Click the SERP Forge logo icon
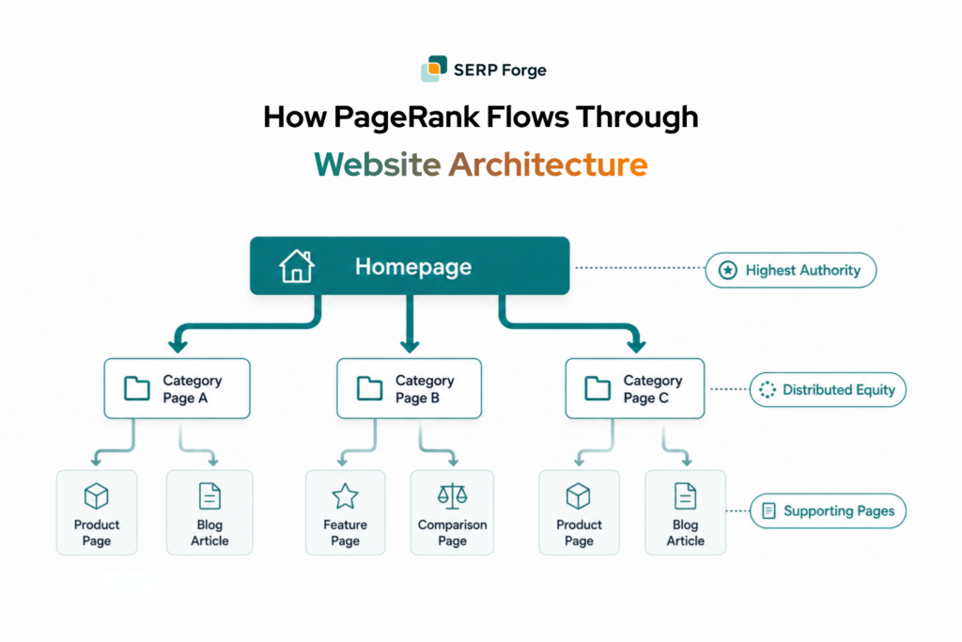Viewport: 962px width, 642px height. [434, 68]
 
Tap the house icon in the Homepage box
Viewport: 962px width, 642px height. [297, 266]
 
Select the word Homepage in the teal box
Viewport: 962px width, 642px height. [413, 267]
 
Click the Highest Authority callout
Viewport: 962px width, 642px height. [791, 270]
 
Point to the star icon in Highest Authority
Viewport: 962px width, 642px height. [728, 270]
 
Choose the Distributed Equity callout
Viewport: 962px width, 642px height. [828, 390]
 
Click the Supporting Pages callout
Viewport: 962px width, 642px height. [828, 510]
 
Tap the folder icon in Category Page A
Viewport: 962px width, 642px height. [137, 388]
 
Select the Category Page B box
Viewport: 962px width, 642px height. [410, 388]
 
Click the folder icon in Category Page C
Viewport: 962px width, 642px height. [597, 388]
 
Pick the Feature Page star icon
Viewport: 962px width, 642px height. [345, 496]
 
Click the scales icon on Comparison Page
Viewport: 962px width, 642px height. [452, 496]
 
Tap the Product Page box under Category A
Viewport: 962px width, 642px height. [97, 512]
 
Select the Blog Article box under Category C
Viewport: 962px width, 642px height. [685, 512]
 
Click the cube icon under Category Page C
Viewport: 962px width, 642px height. [578, 496]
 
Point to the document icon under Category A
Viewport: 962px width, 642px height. [209, 496]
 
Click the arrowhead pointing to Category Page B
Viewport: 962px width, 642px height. [410, 345]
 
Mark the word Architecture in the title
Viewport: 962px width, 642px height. [548, 164]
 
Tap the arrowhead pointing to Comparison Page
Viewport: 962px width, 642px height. [453, 460]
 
